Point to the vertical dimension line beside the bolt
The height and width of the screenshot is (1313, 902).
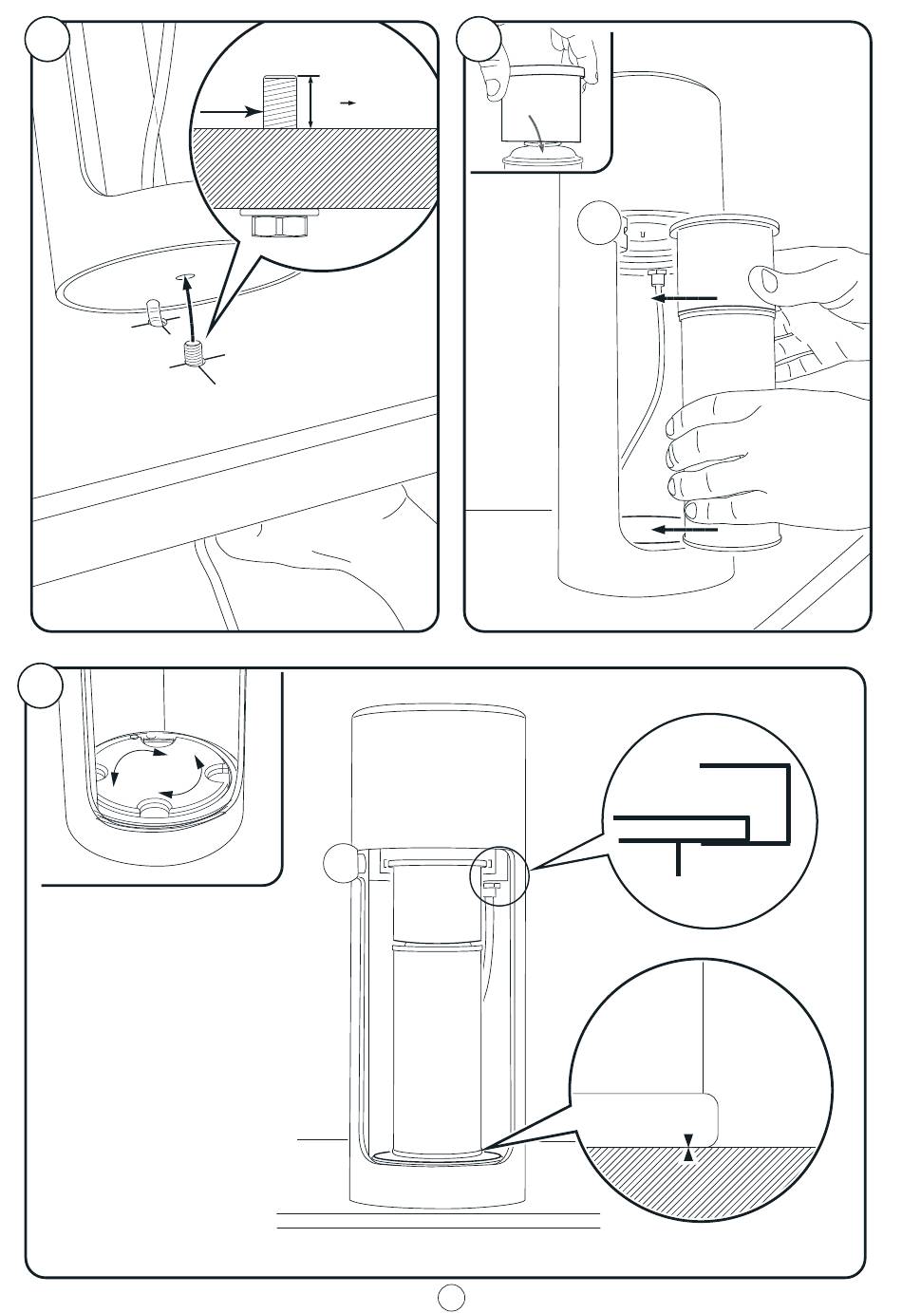(x=311, y=101)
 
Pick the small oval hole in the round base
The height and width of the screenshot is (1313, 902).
(x=185, y=277)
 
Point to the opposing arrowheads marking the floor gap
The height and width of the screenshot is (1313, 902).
(x=689, y=1148)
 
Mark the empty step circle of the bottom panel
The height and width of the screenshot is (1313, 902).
(x=42, y=685)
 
